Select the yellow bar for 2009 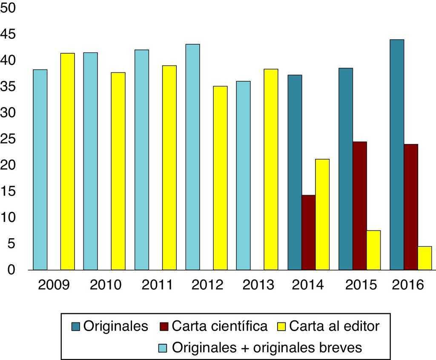[67, 161]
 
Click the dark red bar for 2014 [309, 232]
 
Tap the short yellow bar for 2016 [425, 258]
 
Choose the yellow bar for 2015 [373, 250]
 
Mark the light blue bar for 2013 [243, 175]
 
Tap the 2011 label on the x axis [157, 285]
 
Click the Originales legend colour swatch [76, 327]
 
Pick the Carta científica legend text [220, 326]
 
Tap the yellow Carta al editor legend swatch [281, 327]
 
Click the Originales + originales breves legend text [267, 347]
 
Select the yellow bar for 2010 [118, 171]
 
